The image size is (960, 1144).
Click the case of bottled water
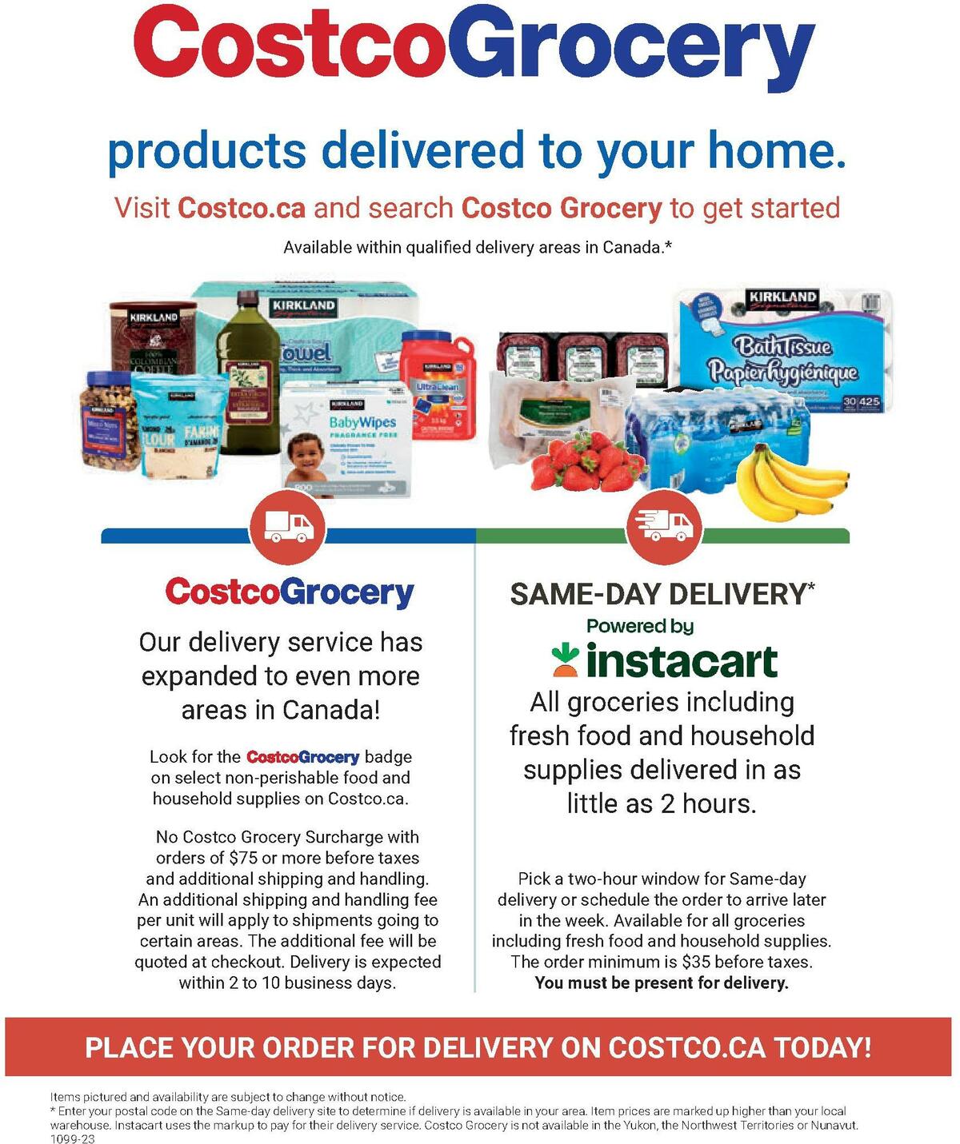(x=704, y=440)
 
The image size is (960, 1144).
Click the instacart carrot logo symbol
(x=566, y=659)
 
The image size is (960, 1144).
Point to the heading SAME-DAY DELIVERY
(x=661, y=594)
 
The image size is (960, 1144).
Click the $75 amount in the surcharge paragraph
(x=242, y=858)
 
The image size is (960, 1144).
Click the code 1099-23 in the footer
(x=72, y=1139)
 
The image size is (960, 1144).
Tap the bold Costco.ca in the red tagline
(x=242, y=208)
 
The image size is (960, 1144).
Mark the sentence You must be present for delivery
(x=662, y=983)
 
